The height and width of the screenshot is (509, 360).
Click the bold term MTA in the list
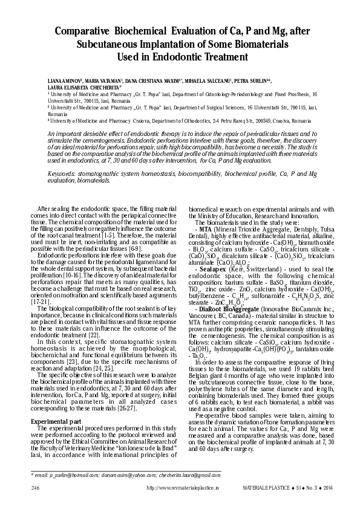coord(205,230)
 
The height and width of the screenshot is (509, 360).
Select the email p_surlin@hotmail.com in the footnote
coord(62,475)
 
